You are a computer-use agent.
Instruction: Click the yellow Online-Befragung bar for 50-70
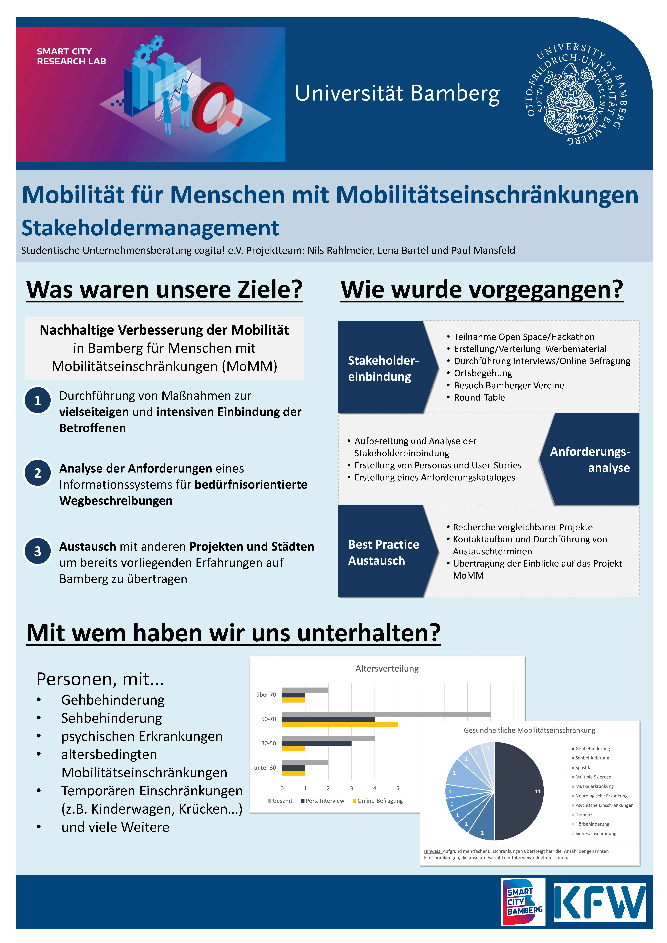340,724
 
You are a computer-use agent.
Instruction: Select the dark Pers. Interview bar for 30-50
317,743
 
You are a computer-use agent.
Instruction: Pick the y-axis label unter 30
265,768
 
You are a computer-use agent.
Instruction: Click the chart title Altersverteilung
387,668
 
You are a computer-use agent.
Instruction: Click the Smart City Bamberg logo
523,902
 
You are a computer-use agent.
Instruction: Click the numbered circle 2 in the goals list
38,473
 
